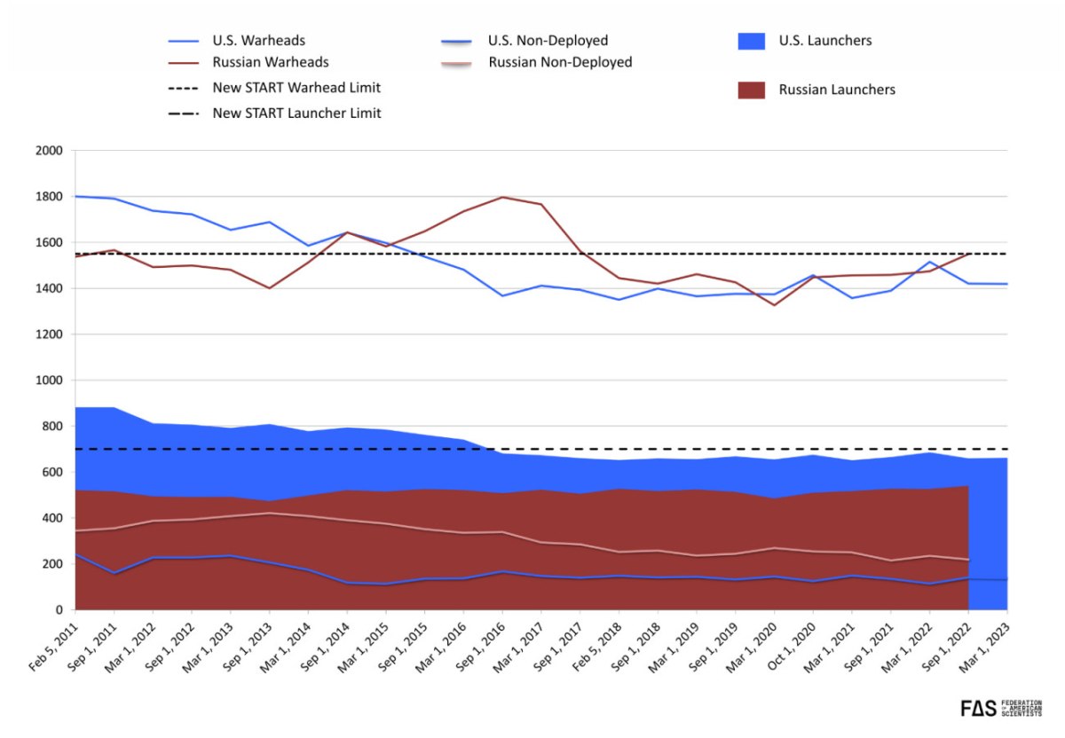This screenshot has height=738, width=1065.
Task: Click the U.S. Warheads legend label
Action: (259, 41)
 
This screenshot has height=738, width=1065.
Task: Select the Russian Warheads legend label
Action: (271, 63)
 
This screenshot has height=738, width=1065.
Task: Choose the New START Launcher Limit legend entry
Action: (296, 113)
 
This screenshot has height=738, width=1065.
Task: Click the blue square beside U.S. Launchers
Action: (752, 41)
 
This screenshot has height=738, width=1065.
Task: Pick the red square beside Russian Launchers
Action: (752, 90)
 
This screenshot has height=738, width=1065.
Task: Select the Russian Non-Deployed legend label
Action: (560, 63)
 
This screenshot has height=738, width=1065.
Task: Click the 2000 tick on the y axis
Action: (51, 151)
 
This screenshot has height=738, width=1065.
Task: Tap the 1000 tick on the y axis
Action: (51, 381)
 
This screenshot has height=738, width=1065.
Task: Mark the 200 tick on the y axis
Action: (54, 564)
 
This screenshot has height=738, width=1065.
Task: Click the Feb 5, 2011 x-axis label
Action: (55, 644)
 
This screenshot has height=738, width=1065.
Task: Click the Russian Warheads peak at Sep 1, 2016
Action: (502, 197)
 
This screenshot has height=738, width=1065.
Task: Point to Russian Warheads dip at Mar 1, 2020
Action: (775, 305)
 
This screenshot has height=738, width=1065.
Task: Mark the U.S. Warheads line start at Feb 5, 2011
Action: (76, 196)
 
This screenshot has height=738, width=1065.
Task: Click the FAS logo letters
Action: (979, 708)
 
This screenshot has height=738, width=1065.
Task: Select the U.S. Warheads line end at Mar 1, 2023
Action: (1006, 284)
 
